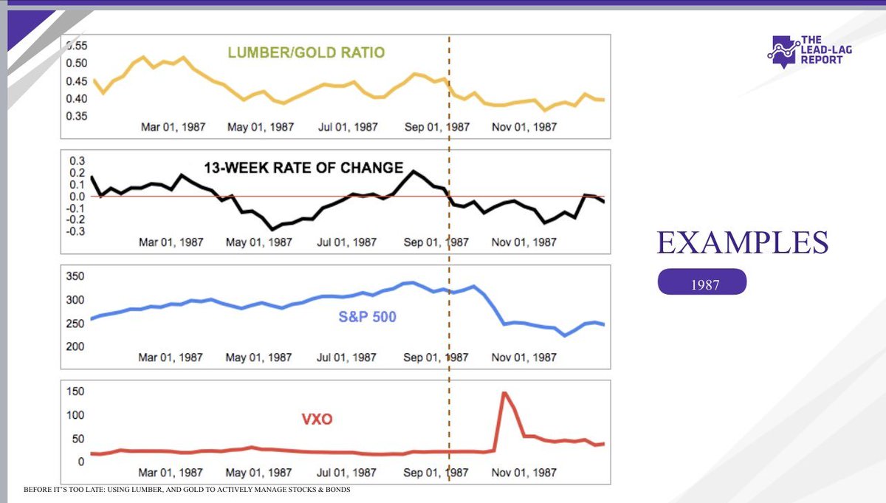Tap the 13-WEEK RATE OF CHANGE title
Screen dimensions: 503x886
pos(303,167)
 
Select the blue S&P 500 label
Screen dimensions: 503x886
pos(368,318)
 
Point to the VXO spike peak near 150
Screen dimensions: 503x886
pos(504,393)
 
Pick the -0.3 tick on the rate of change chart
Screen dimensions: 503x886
pos(75,231)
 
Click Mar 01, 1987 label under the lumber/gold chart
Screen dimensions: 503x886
pos(171,127)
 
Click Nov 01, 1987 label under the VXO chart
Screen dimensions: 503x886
pos(525,472)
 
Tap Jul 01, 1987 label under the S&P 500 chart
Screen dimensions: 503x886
pos(348,357)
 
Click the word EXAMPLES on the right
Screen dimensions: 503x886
pos(742,243)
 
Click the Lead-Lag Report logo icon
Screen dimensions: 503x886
pos(784,51)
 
